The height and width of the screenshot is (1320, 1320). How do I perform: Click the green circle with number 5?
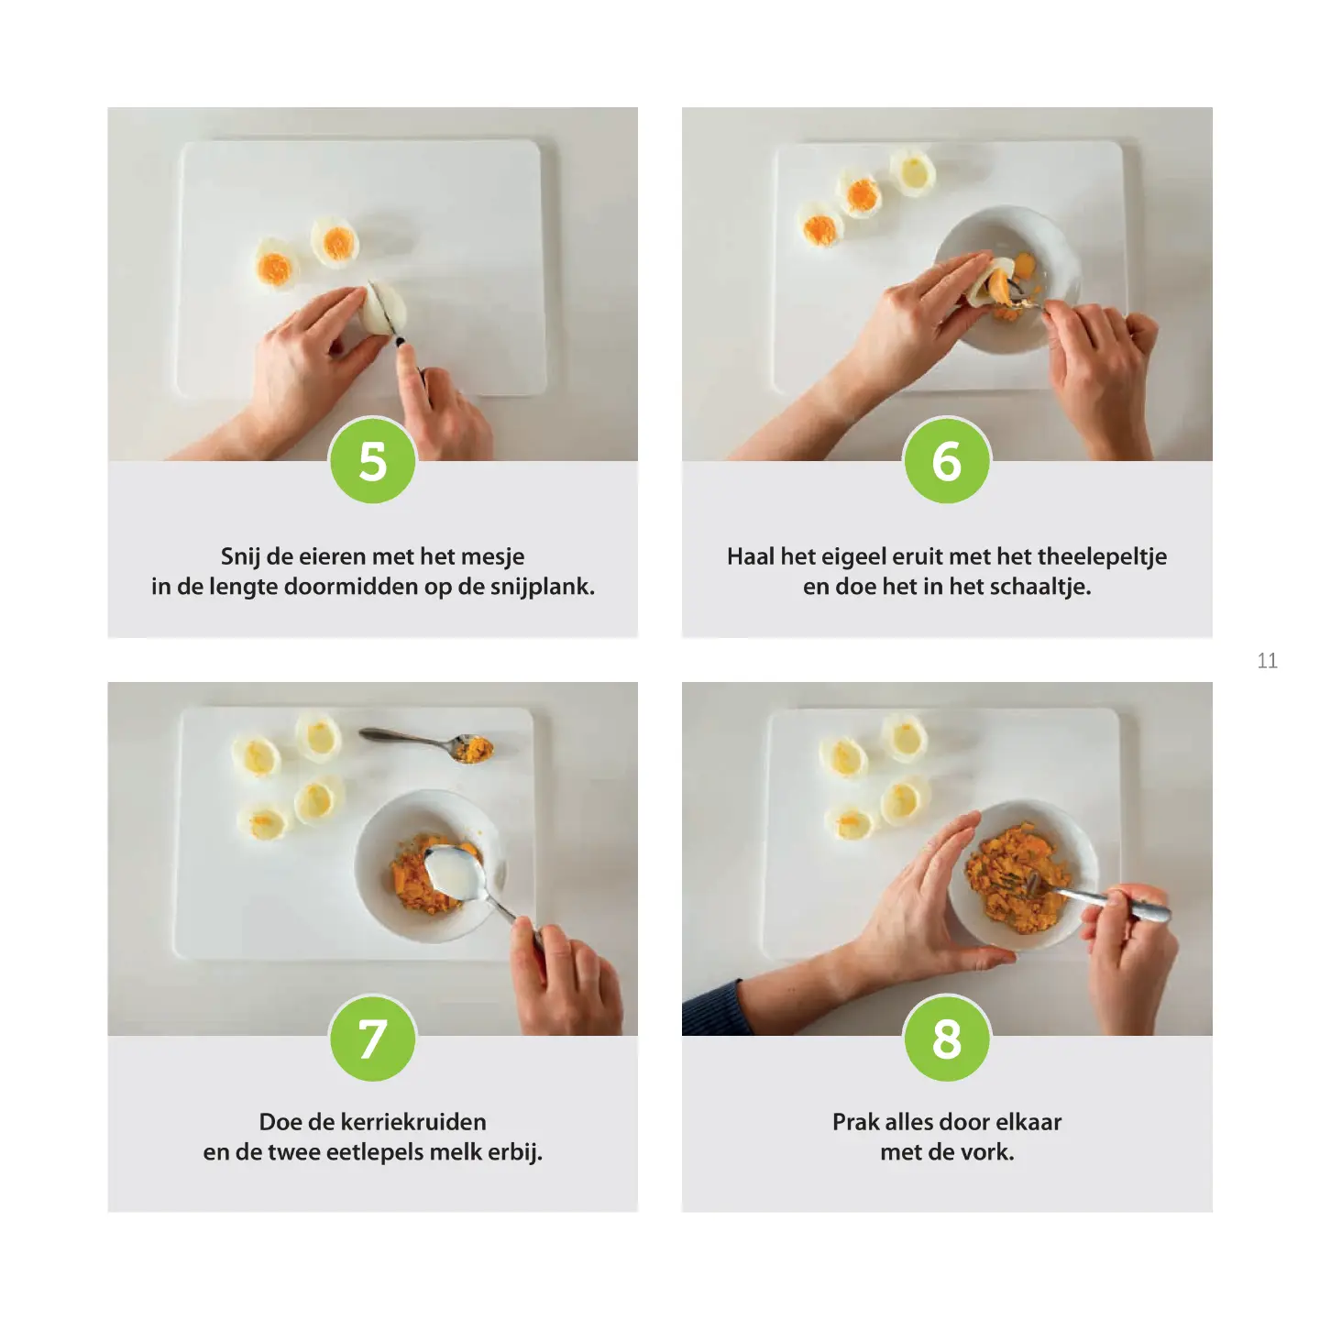(x=373, y=460)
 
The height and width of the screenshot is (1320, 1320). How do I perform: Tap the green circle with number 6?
(x=947, y=460)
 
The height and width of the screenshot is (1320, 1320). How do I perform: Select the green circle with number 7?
(x=373, y=1039)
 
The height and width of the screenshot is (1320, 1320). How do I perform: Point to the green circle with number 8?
(x=947, y=1039)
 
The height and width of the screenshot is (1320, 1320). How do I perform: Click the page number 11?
(x=1267, y=660)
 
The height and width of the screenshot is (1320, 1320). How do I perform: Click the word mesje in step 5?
(x=492, y=557)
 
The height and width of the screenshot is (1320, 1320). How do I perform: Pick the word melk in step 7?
(x=455, y=1152)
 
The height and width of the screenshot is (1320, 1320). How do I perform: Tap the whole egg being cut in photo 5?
(x=383, y=307)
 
